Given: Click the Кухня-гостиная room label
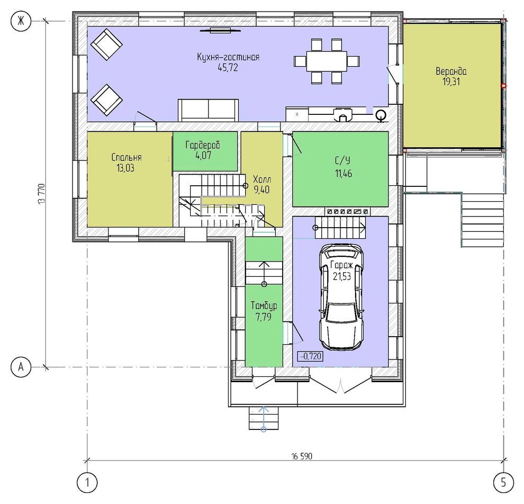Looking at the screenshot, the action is tap(228, 57).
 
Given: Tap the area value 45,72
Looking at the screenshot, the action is tap(228, 68).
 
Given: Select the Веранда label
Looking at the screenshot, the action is tap(451, 71).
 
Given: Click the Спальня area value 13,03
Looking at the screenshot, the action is tap(125, 168).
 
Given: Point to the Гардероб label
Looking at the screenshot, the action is tap(203, 145).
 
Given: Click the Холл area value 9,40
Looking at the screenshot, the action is tap(261, 190).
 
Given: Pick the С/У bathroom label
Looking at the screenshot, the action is tap(343, 161).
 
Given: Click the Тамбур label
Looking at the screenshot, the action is tap(264, 306).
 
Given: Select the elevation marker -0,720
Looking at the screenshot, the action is tap(311, 356).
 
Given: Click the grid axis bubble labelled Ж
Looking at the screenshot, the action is tap(21, 21).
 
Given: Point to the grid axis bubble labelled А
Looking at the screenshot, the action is tap(21, 367).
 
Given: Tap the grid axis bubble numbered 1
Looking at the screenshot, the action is tap(87, 483).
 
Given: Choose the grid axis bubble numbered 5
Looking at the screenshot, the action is tap(503, 483).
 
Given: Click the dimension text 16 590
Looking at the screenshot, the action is tap(302, 456).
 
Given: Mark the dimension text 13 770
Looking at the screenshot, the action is tap(41, 194).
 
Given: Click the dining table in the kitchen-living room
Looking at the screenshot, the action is tap(327, 61).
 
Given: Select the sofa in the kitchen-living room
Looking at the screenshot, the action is tap(208, 110).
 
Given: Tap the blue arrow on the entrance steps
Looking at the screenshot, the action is tap(264, 418).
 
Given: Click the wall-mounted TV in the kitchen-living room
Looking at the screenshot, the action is tap(221, 31).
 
